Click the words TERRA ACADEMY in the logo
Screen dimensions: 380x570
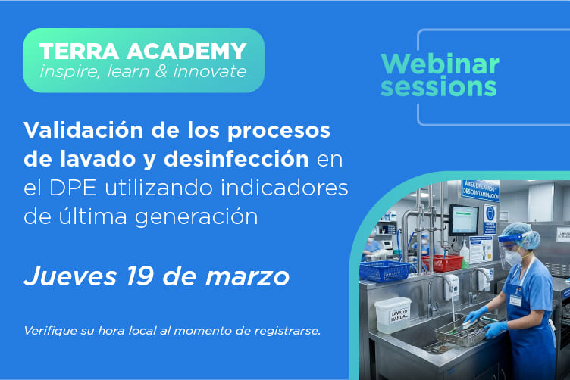(x=143, y=51)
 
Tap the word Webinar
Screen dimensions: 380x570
(x=440, y=63)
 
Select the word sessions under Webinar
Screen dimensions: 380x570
(x=439, y=86)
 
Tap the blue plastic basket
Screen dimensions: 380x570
(x=385, y=270)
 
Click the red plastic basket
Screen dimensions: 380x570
(x=444, y=263)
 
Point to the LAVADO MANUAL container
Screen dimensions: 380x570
(x=392, y=315)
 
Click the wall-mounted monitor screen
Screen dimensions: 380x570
(x=463, y=220)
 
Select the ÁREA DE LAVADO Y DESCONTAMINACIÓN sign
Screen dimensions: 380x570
(x=480, y=190)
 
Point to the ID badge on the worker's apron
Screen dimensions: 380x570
(x=516, y=301)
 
